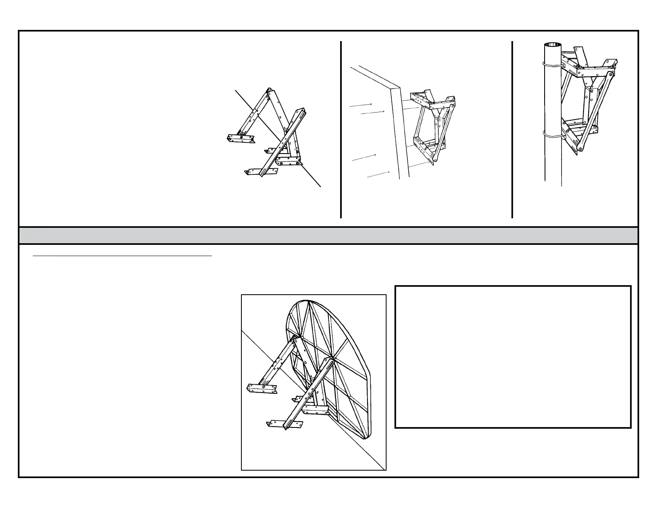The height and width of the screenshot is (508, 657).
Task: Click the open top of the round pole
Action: point(552,45)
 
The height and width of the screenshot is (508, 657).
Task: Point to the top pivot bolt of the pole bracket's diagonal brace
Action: point(609,74)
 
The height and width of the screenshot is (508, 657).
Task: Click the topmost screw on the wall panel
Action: point(370,104)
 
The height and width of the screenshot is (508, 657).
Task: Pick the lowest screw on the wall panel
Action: point(389,171)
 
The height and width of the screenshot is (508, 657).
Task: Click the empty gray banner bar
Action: point(328,235)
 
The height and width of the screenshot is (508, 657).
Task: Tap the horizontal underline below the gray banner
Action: point(122,256)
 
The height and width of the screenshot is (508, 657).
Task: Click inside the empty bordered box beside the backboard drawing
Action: point(513,357)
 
